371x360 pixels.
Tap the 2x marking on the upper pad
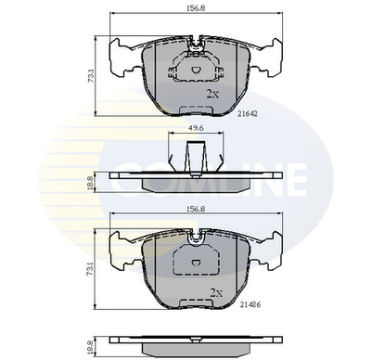click(211, 94)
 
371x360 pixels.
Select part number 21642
click(247, 112)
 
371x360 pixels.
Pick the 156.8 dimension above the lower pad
click(195, 209)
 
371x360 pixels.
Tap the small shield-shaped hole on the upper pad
click(195, 68)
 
